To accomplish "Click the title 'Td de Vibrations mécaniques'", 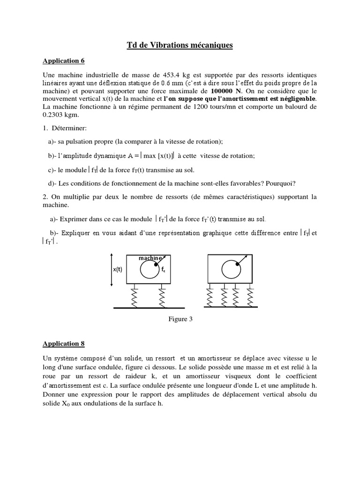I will pyautogui.click(x=180, y=45).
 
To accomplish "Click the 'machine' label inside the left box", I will pyautogui.click(x=150, y=258).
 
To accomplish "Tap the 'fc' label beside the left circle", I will pyautogui.click(x=163, y=270).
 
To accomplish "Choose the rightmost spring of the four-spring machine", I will pyautogui.click(x=249, y=296).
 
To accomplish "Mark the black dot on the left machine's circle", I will pyautogui.click(x=156, y=264).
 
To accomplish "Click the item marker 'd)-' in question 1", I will pyautogui.click(x=52, y=183).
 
